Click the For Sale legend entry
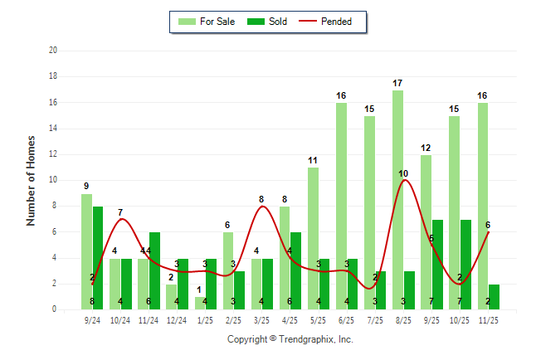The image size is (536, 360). (207, 22)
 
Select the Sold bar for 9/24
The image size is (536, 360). (98, 257)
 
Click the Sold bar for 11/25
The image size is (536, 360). (494, 296)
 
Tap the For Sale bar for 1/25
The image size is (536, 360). (199, 303)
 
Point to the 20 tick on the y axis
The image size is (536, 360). (52, 51)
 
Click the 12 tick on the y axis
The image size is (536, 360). (52, 154)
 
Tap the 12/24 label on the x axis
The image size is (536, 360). (177, 319)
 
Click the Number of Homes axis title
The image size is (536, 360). (31, 180)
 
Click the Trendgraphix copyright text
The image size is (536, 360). (290, 339)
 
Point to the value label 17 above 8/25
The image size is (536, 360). (397, 83)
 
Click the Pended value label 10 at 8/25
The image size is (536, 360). (403, 173)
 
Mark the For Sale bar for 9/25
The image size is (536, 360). (426, 232)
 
